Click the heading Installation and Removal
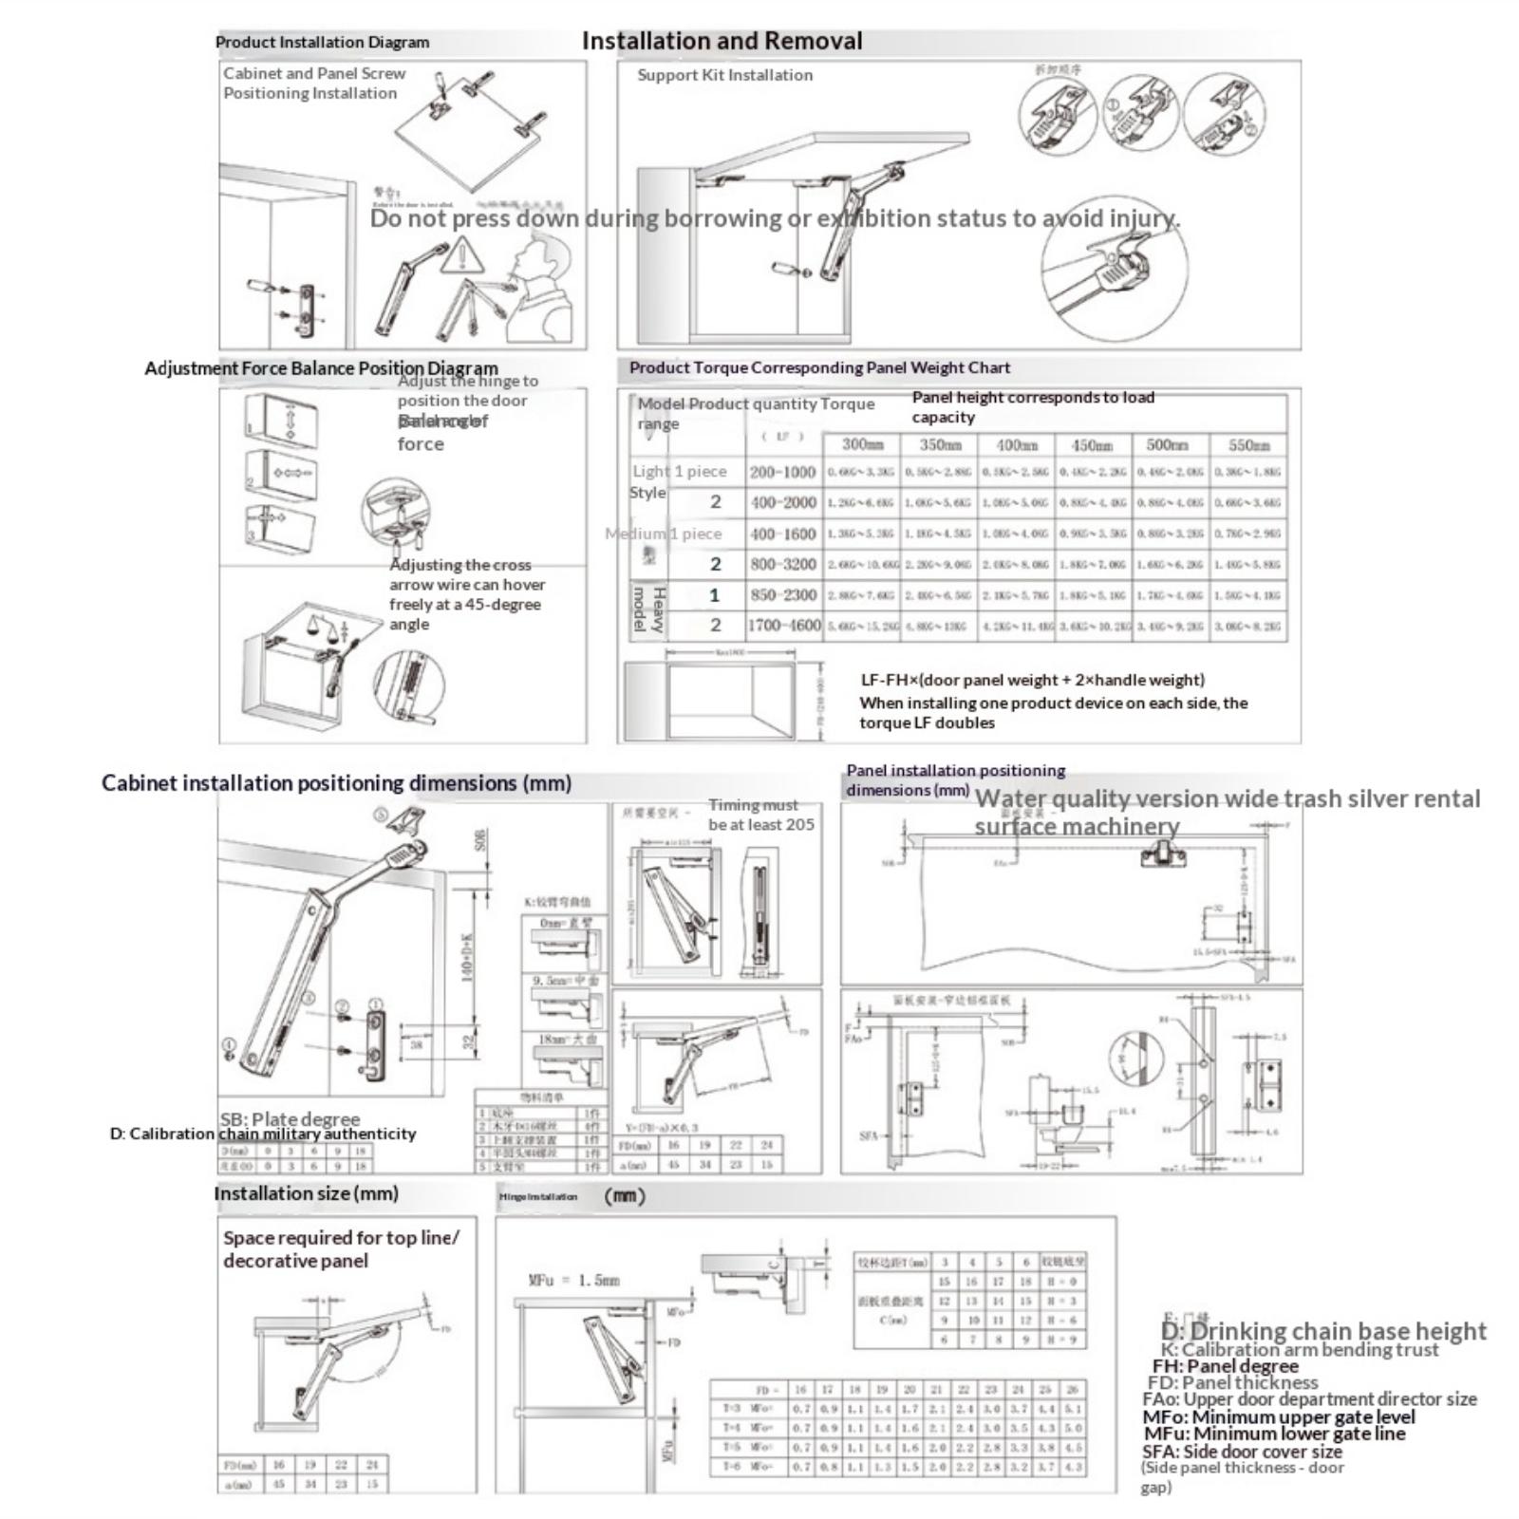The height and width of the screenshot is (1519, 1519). [x=722, y=41]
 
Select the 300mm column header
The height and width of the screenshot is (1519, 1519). [x=862, y=444]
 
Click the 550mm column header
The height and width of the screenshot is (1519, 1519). [x=1248, y=444]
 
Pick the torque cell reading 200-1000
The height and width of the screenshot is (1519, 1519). [x=782, y=472]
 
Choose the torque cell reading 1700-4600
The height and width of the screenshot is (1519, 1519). [x=783, y=626]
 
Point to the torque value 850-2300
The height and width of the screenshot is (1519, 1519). [x=782, y=595]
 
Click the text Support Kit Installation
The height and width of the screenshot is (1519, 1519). [x=724, y=75]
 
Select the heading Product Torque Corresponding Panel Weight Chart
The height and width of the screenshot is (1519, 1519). [x=819, y=367]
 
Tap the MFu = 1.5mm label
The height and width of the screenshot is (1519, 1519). [x=573, y=1280]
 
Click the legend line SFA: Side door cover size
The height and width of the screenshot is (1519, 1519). [x=1242, y=1452]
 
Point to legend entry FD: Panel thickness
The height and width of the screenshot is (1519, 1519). [x=1232, y=1382]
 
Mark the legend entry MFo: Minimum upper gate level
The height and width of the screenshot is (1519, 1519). [x=1278, y=1416]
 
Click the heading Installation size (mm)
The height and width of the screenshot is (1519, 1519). [x=306, y=1193]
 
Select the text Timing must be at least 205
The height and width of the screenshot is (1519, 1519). [x=760, y=815]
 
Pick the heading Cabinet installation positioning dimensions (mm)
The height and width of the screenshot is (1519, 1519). [x=336, y=783]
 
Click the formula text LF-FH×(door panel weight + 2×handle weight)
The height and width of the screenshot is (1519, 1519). [x=1032, y=680]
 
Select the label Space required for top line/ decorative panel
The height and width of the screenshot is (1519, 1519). [x=341, y=1249]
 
